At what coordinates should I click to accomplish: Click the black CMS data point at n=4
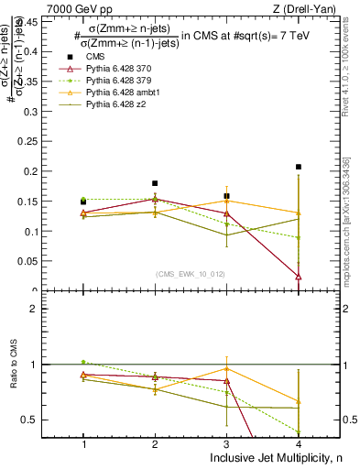299,167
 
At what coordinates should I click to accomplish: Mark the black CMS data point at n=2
155,183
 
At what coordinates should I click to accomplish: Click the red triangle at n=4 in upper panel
299,276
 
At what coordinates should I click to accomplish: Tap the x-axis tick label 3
226,443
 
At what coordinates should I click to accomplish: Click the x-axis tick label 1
83,443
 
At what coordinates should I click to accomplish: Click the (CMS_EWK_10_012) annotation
191,274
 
